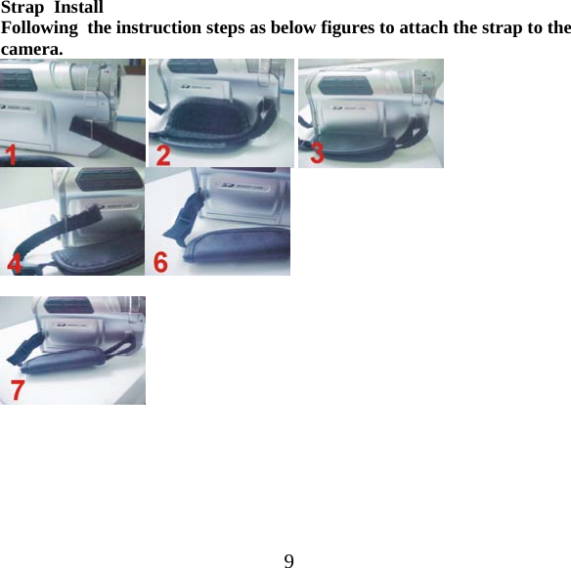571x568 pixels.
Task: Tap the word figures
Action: (332, 27)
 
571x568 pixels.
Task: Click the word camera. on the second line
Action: (32, 47)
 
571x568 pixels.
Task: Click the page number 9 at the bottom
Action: (288, 560)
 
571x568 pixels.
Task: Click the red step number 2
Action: (163, 153)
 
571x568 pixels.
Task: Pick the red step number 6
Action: (160, 261)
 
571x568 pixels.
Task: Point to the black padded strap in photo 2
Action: (220, 127)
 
